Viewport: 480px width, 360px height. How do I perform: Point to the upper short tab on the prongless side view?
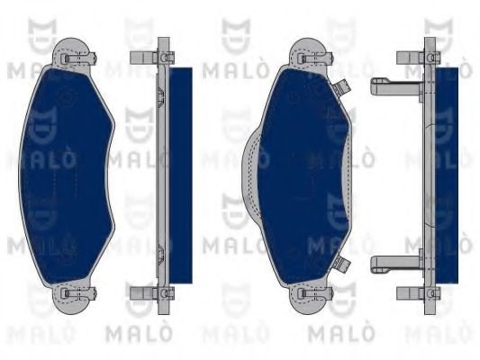click(x=140, y=58)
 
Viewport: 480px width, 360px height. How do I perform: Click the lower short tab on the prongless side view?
click(x=140, y=292)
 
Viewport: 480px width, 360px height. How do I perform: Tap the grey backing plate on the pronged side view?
click(x=428, y=171)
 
